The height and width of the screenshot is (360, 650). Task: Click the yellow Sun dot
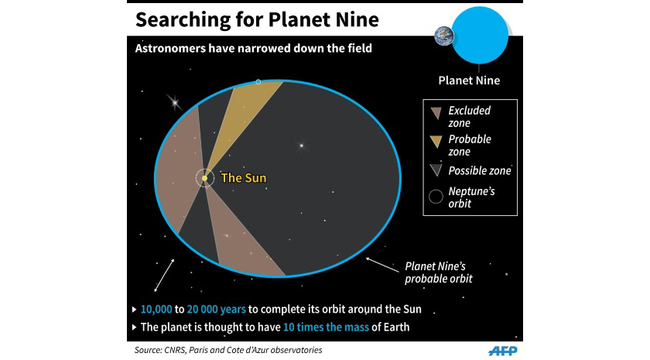pyautogui.click(x=205, y=178)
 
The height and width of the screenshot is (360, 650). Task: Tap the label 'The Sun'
pyautogui.click(x=244, y=178)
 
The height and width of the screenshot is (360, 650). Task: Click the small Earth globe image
pyautogui.click(x=444, y=36)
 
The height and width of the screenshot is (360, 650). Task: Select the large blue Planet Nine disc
pyautogui.click(x=480, y=36)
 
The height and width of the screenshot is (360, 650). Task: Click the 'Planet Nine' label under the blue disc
pyautogui.click(x=469, y=81)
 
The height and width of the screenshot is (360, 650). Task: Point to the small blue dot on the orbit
pyautogui.click(x=258, y=82)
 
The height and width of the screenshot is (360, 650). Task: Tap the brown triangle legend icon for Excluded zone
pyautogui.click(x=436, y=113)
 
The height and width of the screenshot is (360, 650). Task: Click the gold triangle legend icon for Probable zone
pyautogui.click(x=436, y=142)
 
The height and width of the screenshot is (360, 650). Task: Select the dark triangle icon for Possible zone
pyautogui.click(x=436, y=170)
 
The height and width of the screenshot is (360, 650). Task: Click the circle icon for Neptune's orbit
pyautogui.click(x=436, y=197)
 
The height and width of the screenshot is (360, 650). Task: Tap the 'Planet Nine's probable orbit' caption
pyautogui.click(x=439, y=273)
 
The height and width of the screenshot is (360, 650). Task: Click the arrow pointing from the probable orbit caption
pyautogui.click(x=382, y=265)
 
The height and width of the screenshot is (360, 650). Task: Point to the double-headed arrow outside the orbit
pyautogui.click(x=164, y=276)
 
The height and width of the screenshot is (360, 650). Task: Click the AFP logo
pyautogui.click(x=503, y=351)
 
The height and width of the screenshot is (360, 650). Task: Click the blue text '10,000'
pyautogui.click(x=156, y=310)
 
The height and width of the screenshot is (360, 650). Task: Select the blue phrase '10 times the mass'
pyautogui.click(x=326, y=327)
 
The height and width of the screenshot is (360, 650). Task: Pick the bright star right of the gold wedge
pyautogui.click(x=301, y=146)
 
